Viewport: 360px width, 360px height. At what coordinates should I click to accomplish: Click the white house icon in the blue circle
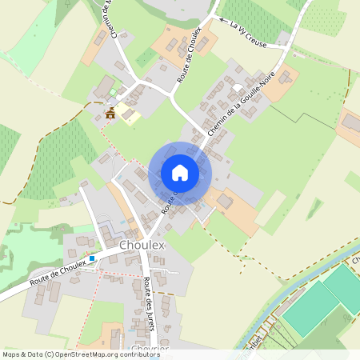[180, 173]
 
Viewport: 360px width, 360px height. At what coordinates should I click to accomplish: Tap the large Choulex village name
[141, 245]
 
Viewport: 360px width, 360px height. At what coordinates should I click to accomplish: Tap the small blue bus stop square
[92, 258]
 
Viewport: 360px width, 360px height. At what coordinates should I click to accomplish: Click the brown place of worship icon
[110, 113]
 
